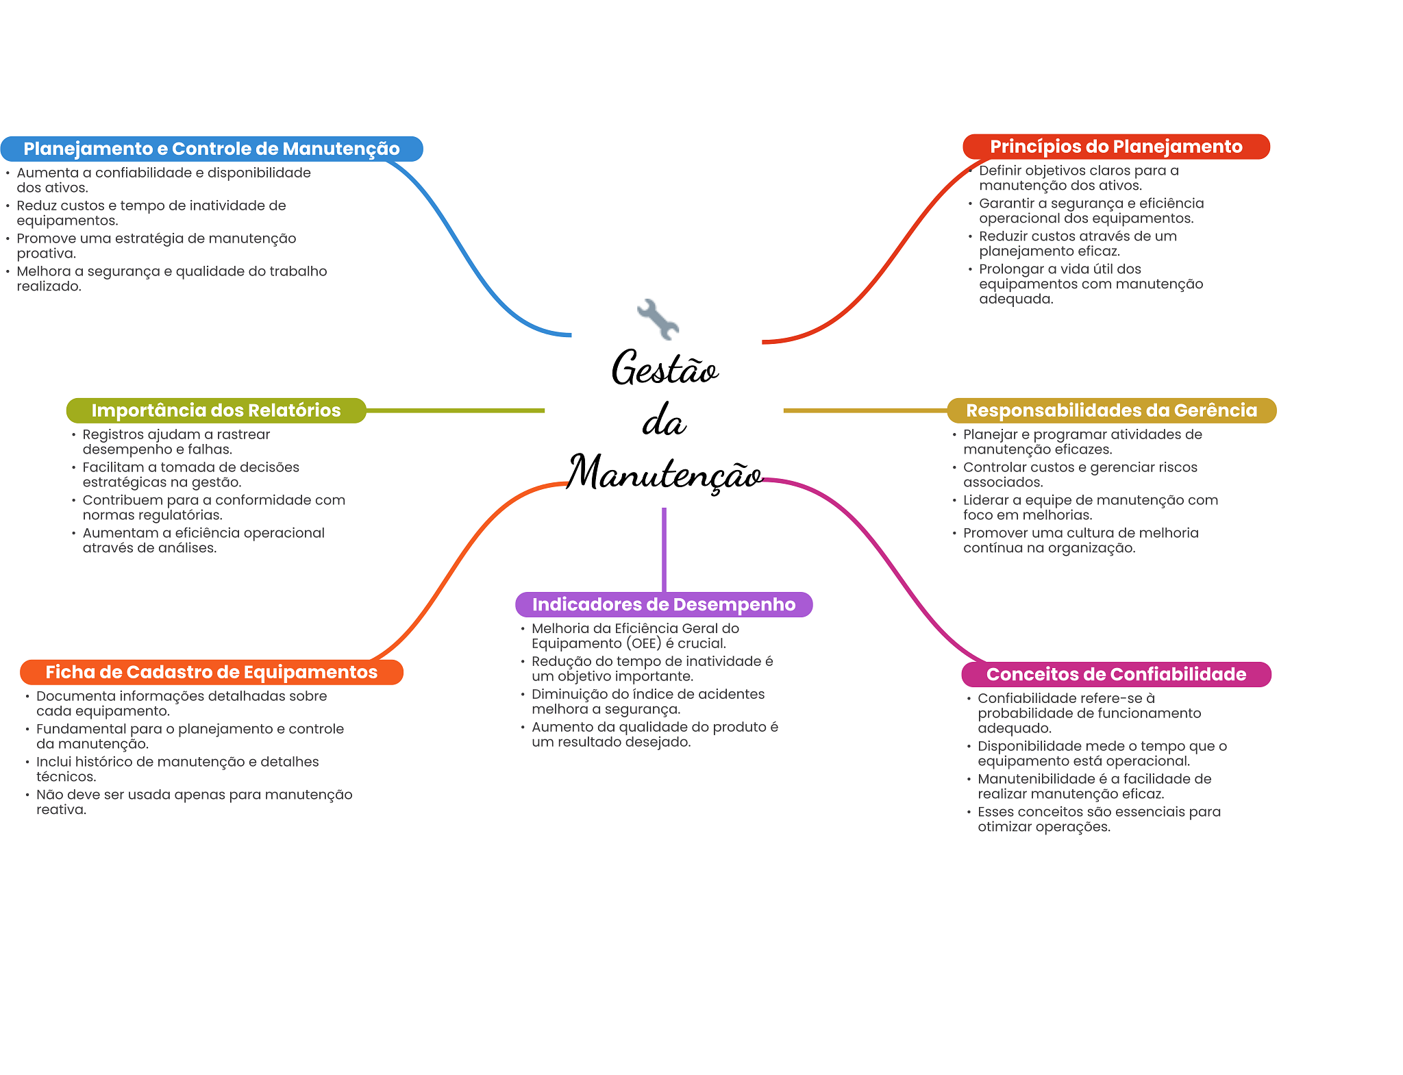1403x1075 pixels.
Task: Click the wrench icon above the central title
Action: tap(658, 319)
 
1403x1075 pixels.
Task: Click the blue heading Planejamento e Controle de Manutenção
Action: tap(212, 149)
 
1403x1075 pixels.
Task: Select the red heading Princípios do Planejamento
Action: tap(1116, 147)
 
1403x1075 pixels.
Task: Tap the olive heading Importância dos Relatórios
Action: tap(216, 410)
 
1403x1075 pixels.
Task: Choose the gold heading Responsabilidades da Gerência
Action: tap(1111, 410)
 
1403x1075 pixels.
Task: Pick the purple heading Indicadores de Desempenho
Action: tap(664, 604)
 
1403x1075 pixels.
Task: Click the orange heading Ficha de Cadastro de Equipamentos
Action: tap(212, 672)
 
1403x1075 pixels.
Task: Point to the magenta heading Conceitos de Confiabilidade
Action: tap(1116, 674)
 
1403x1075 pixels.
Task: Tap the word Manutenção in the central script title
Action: tap(665, 473)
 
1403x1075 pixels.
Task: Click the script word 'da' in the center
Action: tap(664, 421)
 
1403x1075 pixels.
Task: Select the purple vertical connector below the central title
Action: tap(664, 548)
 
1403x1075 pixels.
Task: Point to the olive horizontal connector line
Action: tap(456, 410)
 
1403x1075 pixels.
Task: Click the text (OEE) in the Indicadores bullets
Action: tap(643, 643)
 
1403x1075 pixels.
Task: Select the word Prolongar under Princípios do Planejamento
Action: tap(1011, 269)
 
